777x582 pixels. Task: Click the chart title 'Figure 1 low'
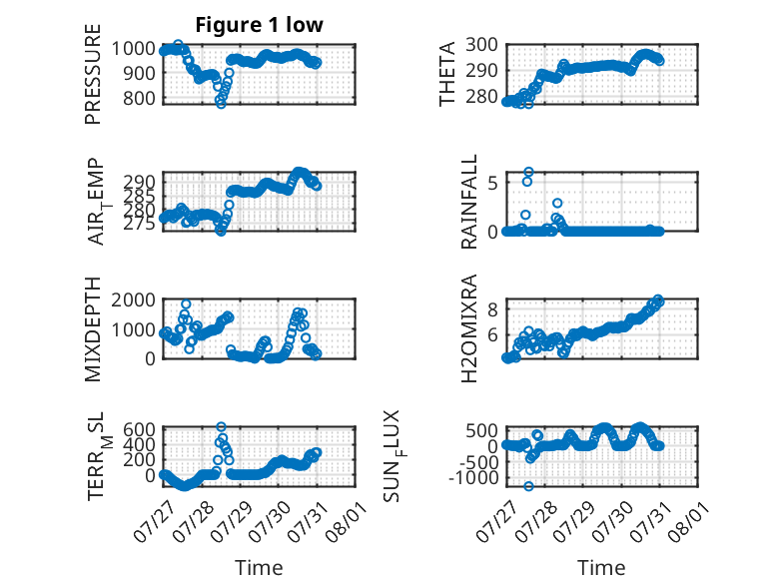(x=259, y=25)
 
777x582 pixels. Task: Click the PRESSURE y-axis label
(x=93, y=74)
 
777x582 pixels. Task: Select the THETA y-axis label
(x=447, y=74)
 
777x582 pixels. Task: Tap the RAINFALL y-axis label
(x=468, y=202)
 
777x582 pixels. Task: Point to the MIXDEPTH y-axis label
(x=93, y=328)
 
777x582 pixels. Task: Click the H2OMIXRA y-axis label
(x=468, y=328)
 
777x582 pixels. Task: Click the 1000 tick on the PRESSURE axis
(x=134, y=49)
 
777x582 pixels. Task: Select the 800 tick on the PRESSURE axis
(x=140, y=98)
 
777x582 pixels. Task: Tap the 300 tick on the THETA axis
(x=481, y=45)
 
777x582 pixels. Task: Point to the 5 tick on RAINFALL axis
(x=492, y=183)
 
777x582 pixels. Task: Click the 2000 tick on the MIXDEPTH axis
(x=134, y=299)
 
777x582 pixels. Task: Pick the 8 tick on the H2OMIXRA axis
(x=492, y=309)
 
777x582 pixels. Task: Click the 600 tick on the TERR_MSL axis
(x=140, y=429)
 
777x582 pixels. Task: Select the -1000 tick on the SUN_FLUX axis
(x=473, y=478)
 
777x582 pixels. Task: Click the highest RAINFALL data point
(x=528, y=172)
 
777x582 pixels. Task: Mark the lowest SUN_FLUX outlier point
(x=528, y=486)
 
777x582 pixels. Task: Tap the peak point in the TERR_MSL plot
(x=221, y=427)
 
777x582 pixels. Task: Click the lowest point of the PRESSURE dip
(x=221, y=104)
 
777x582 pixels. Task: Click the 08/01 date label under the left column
(x=348, y=519)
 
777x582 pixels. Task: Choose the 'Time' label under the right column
(x=601, y=568)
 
